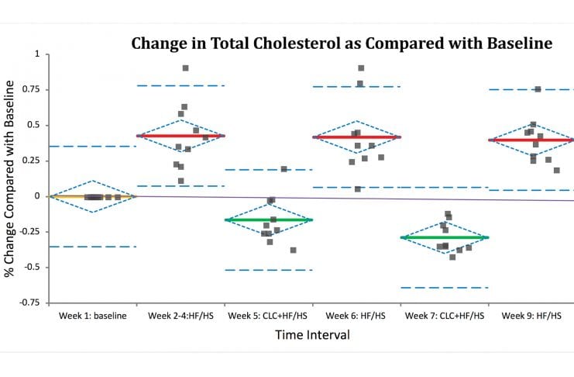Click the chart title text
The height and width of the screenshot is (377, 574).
coord(342,43)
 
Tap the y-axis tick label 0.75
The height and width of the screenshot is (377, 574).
coord(32,90)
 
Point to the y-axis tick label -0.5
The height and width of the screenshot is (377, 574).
coord(32,267)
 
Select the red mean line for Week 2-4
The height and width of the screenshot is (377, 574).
coord(180,136)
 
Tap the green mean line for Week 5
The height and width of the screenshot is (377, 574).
coord(268,220)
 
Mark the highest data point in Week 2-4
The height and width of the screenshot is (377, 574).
coord(186,68)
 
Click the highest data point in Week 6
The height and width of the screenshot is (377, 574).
coord(361,68)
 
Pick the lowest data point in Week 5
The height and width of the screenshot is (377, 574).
coord(294,250)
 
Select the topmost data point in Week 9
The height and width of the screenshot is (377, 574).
coord(538,89)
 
